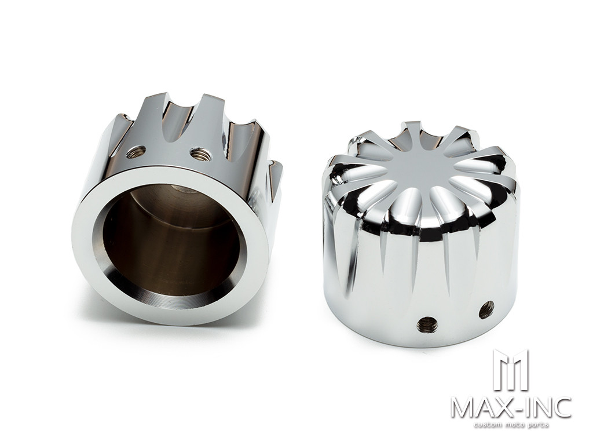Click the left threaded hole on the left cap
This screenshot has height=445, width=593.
coord(136,152)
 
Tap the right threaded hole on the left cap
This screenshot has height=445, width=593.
coord(200,154)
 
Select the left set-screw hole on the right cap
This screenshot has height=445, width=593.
coord(427,324)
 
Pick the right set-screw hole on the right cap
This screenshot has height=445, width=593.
coord(486,309)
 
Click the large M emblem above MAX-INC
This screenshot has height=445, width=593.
coord(510,370)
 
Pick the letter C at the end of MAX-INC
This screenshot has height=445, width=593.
coord(563,407)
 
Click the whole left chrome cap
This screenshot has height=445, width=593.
coord(174,209)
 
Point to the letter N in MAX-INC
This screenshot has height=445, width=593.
coord(545,407)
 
